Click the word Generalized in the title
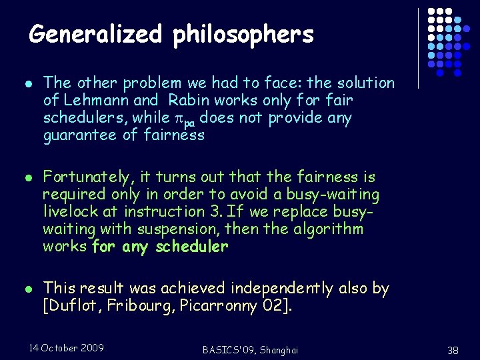[95, 34]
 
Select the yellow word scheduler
[192, 247]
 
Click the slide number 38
[453, 350]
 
